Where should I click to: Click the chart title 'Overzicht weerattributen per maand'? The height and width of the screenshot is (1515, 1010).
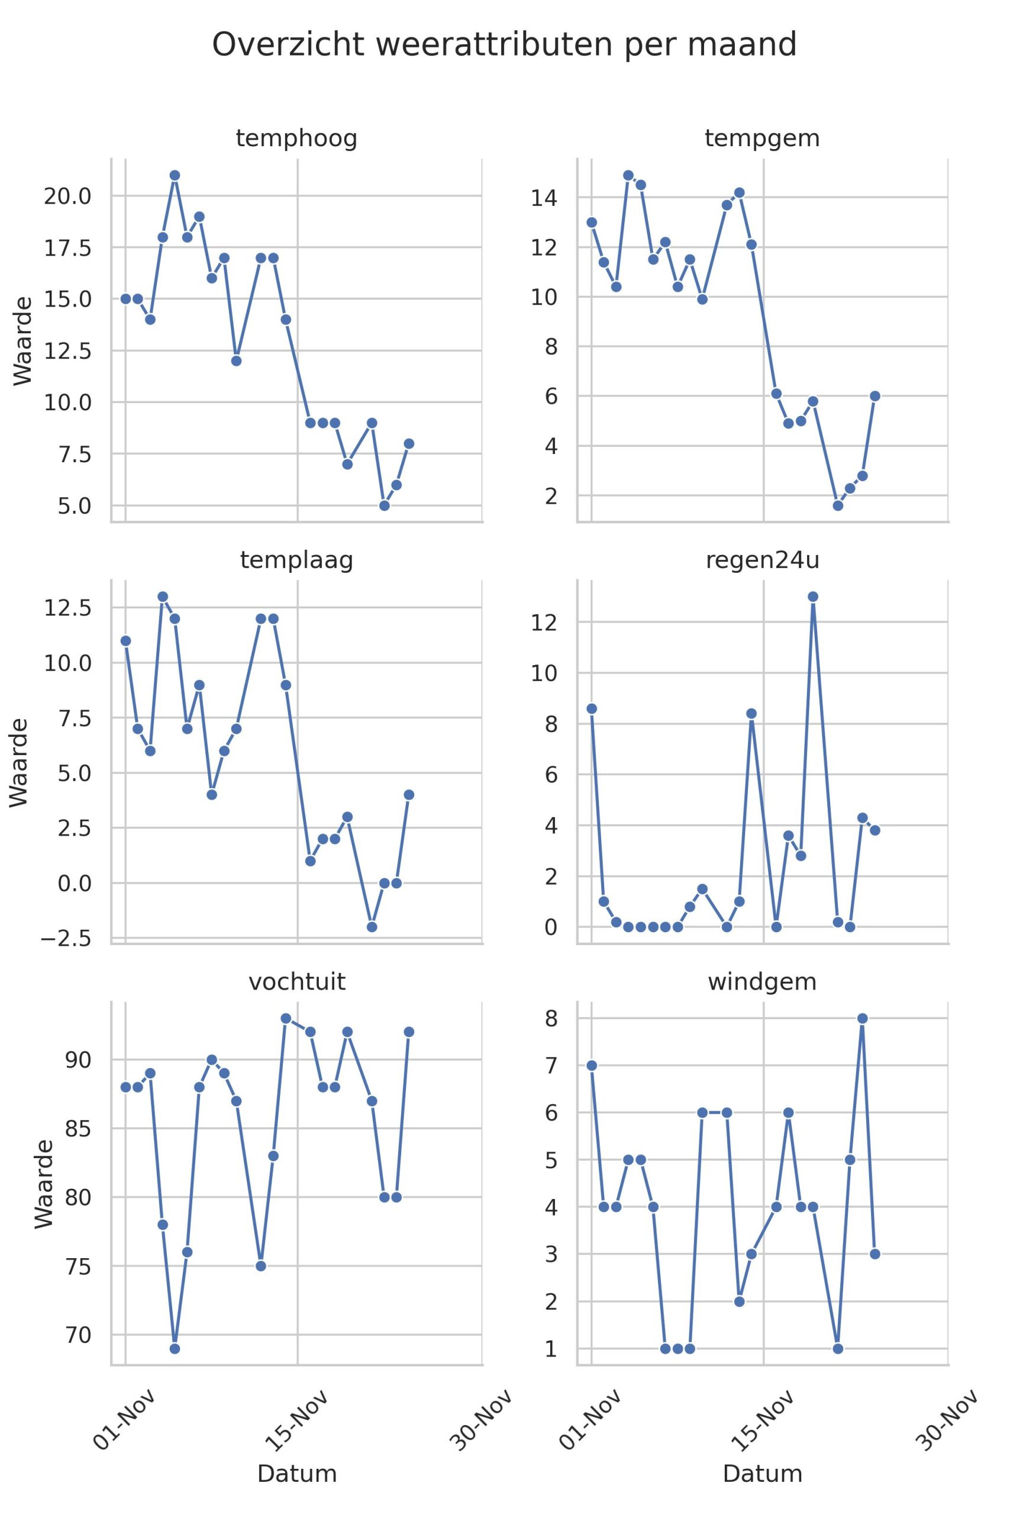pyautogui.click(x=504, y=45)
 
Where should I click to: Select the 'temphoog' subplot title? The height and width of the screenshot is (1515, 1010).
pyautogui.click(x=296, y=138)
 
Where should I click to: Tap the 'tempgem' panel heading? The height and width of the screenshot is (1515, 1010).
pyautogui.click(x=762, y=138)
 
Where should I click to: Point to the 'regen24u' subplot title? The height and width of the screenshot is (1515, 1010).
pyautogui.click(x=762, y=560)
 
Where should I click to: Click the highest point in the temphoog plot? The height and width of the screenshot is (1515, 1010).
pyautogui.click(x=175, y=175)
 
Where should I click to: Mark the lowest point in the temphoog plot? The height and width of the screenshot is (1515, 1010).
pyautogui.click(x=385, y=505)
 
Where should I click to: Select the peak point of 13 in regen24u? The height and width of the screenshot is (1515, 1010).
pyautogui.click(x=813, y=597)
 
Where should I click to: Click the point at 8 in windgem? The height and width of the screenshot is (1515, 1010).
pyautogui.click(x=863, y=1018)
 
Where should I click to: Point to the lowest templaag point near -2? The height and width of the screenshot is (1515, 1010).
pyautogui.click(x=372, y=927)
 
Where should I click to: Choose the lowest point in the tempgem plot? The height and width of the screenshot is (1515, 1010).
pyautogui.click(x=838, y=505)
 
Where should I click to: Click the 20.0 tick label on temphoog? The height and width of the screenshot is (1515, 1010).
pyautogui.click(x=67, y=196)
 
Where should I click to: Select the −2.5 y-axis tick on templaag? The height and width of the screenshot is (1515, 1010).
pyautogui.click(x=66, y=939)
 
